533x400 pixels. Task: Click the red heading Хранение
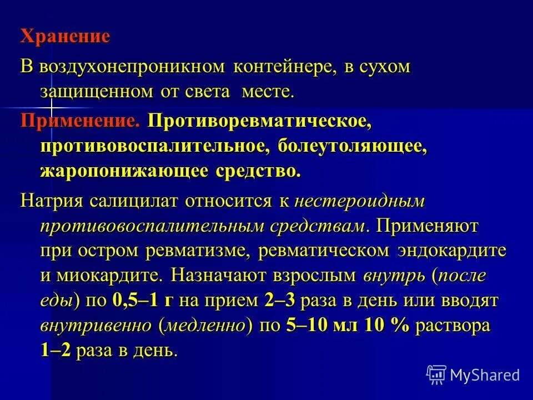point(66,37)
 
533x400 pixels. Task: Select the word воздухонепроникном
point(132,67)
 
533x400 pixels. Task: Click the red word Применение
point(80,121)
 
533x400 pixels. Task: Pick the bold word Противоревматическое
point(259,121)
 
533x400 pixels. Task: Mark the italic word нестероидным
point(360,201)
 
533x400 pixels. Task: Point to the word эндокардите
point(452,250)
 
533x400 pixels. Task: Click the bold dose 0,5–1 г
point(143,301)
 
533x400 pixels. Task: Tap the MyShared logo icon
point(436,374)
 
